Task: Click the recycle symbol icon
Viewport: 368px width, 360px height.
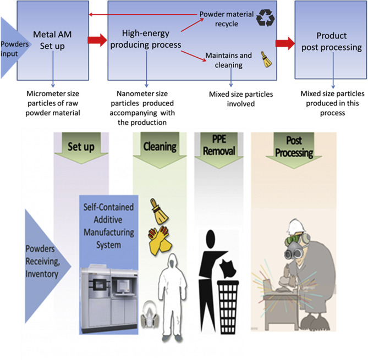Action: pos(264,20)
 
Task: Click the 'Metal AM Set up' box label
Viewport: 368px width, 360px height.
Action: pos(53,40)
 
